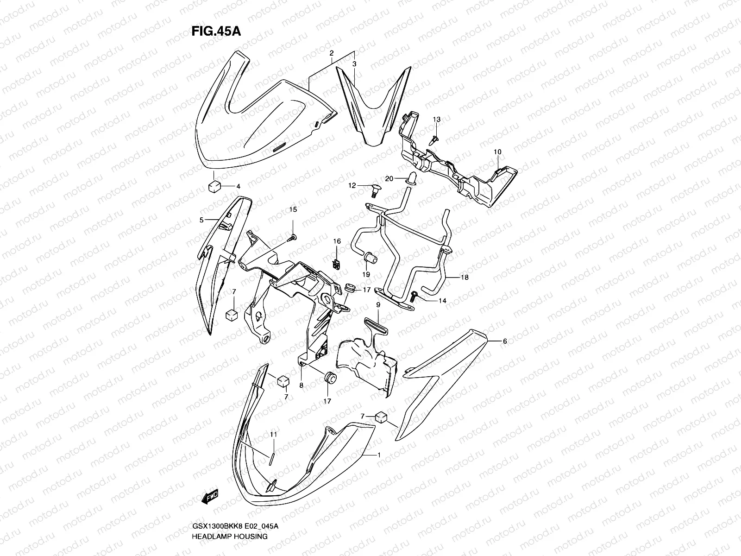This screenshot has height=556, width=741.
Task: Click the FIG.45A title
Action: coord(216,32)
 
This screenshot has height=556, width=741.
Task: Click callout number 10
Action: coord(497,152)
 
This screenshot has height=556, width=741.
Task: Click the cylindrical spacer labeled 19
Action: coord(369,258)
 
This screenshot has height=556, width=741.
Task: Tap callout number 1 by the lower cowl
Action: coord(379,455)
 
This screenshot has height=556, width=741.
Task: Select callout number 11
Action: coord(273,435)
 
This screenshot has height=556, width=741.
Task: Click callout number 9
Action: coord(378,305)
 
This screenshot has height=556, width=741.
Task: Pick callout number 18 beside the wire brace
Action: coord(465,278)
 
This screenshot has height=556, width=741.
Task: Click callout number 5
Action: coord(201,221)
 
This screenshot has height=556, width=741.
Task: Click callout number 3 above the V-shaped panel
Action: coord(354,63)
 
